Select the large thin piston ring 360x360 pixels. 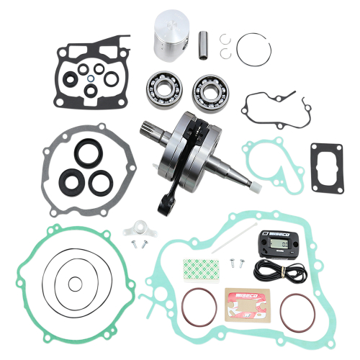tap(252, 46)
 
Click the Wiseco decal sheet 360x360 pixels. tap(245, 303)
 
